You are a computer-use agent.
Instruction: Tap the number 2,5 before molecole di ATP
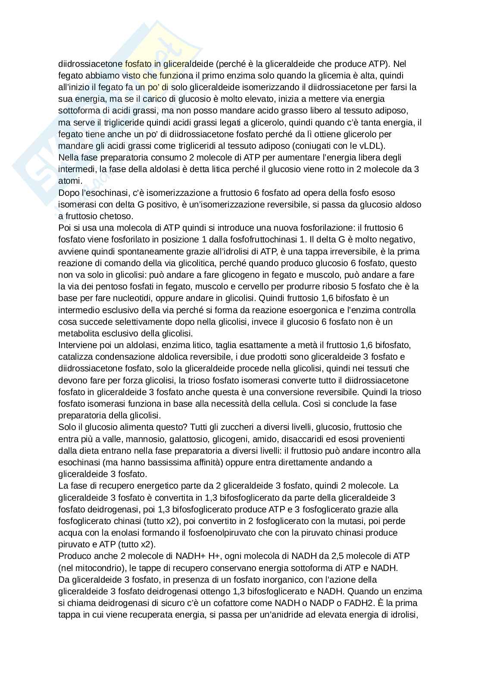click(339, 556)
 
